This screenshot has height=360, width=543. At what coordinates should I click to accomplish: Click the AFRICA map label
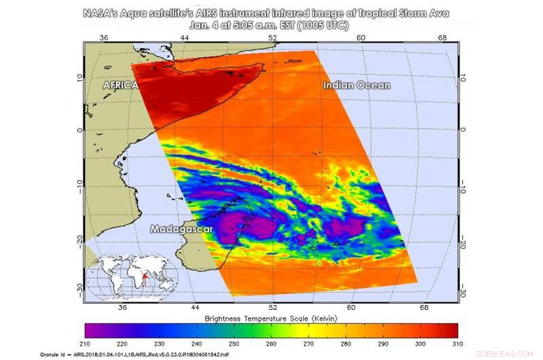[120, 86]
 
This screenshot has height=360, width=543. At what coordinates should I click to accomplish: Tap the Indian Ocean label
[357, 85]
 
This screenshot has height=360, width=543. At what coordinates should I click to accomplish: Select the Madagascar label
[182, 229]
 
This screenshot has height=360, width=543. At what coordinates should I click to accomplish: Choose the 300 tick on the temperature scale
[421, 344]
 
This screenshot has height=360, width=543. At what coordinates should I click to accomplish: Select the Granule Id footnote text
[177, 355]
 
